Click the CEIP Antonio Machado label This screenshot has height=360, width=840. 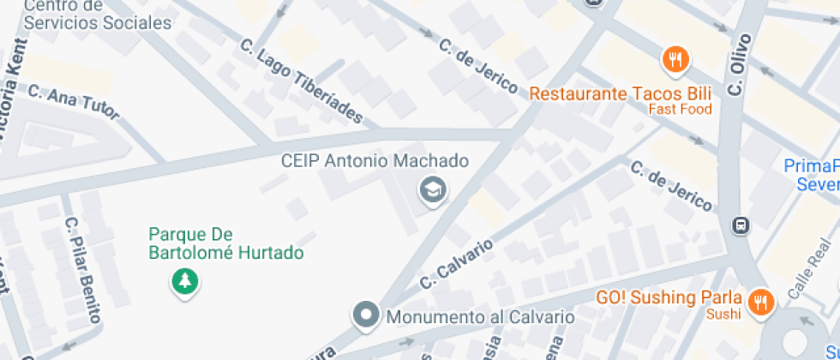[375, 161]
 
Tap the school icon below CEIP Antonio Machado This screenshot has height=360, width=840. [434, 190]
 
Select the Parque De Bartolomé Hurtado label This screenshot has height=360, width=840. [225, 243]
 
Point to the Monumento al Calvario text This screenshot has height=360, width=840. [480, 317]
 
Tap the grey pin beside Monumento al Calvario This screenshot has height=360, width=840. [367, 315]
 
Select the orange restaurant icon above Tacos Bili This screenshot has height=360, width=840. [676, 59]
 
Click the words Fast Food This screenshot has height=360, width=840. [680, 110]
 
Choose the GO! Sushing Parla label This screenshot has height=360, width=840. [669, 298]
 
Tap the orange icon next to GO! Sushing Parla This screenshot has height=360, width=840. [759, 301]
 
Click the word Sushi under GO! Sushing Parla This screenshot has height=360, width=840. [723, 315]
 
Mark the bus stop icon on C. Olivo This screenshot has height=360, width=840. [740, 226]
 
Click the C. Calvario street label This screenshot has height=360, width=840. [457, 263]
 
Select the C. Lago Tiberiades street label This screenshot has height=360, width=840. [303, 82]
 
